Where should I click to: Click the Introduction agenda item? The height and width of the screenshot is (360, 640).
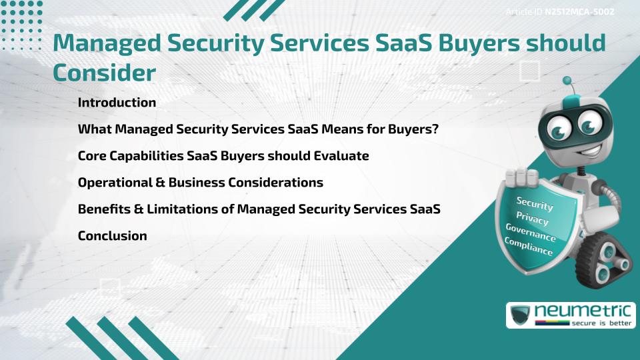pos(117,103)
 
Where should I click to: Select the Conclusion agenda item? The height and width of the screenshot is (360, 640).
pos(112,235)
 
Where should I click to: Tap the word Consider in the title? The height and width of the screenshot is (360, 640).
pos(104,73)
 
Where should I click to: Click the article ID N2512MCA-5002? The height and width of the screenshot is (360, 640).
pos(579,12)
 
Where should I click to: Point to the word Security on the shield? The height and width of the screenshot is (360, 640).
pos(535,203)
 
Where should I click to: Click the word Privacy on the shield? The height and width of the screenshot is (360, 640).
pos(532,218)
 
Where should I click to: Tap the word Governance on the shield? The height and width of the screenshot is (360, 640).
pos(531,233)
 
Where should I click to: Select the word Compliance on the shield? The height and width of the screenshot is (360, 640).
pos(529,247)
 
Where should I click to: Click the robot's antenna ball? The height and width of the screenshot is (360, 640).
pos(568,81)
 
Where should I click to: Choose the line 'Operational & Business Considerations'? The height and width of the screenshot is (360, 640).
pos(201,182)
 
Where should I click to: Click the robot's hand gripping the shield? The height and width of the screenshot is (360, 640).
pos(522,177)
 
